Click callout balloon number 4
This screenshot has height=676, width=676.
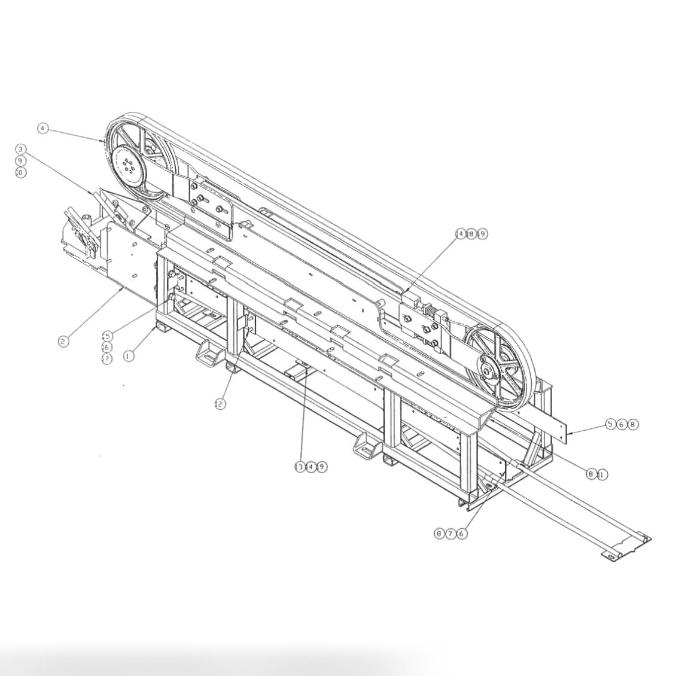coord(42,128)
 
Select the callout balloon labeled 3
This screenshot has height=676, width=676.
coord(21,149)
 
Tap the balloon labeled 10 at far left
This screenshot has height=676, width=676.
coord(21,172)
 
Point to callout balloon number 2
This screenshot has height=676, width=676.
coord(63,342)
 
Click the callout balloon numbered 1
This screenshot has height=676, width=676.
coord(129,355)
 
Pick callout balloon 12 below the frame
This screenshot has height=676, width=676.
coord(220,404)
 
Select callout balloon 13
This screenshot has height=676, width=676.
coord(300,467)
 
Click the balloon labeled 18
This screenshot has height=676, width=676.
coord(471,233)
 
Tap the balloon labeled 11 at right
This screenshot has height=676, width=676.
coord(601,474)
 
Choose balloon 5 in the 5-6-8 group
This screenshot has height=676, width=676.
coord(610,424)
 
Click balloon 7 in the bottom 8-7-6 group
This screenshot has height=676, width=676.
coord(450,533)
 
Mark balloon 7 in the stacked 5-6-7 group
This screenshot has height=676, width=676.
coord(107,359)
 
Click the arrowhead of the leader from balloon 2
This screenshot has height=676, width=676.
coord(123,289)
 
